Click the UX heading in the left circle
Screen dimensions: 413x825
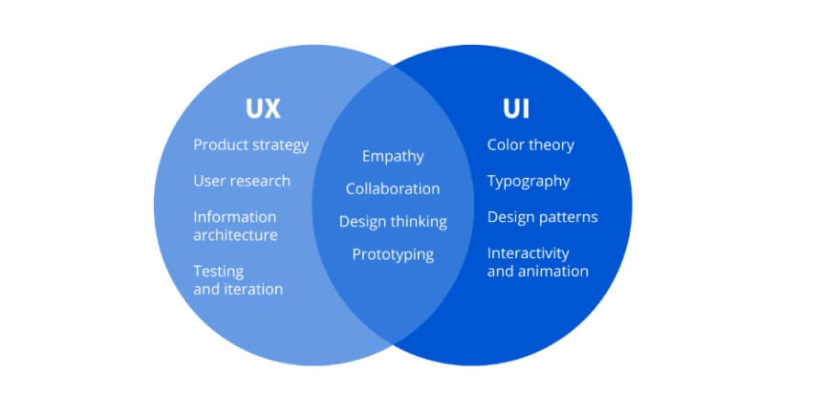click(x=262, y=108)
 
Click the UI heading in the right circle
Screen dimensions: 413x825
click(x=516, y=108)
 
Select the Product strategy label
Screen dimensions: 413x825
click(x=251, y=145)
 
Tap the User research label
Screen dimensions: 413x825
click(x=241, y=181)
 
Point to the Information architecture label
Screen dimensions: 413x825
click(x=235, y=226)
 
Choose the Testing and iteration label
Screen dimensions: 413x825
click(x=237, y=280)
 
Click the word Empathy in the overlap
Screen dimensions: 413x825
click(x=392, y=156)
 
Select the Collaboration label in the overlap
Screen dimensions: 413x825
click(x=392, y=189)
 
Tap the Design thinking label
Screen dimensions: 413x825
click(x=392, y=222)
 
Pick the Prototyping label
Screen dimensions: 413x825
click(x=392, y=254)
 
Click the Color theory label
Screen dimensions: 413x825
click(x=530, y=145)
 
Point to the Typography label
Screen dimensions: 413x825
click(x=528, y=181)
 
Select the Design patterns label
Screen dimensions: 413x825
click(x=542, y=218)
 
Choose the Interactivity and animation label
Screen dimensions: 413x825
click(x=537, y=262)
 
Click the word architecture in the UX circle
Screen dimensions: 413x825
click(x=235, y=235)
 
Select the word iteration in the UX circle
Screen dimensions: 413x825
click(x=254, y=289)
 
